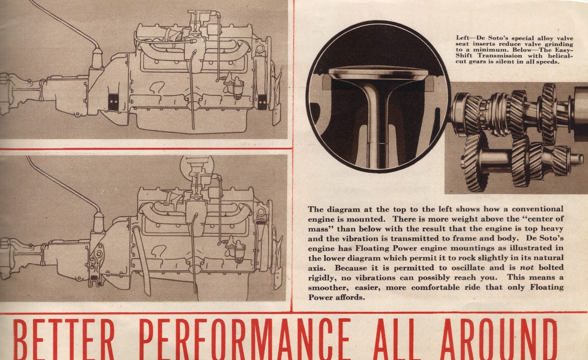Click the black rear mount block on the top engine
point(114,102)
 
